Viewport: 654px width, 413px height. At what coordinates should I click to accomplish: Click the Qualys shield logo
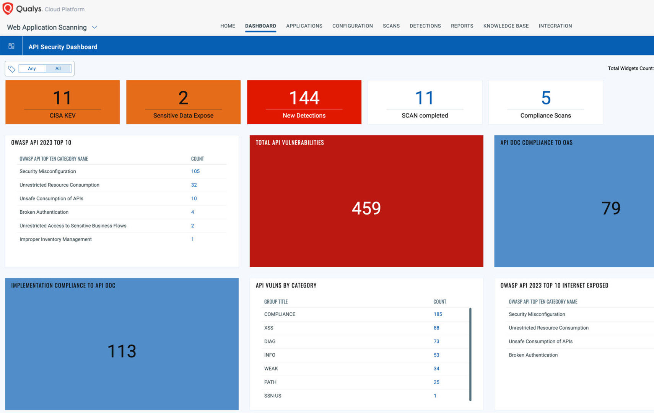[x=8, y=8]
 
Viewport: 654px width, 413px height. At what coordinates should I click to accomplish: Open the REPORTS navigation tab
[x=462, y=26]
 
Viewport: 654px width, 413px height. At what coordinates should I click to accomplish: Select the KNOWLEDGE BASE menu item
[x=506, y=26]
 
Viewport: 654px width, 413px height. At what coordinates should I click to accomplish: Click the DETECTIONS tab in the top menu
[x=425, y=26]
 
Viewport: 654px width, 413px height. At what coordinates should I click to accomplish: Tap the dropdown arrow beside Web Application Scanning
[x=94, y=28]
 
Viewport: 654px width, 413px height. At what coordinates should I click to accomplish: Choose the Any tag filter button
[x=32, y=69]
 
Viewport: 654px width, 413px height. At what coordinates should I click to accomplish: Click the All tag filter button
[x=58, y=69]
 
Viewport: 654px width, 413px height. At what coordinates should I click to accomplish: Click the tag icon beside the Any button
[x=12, y=69]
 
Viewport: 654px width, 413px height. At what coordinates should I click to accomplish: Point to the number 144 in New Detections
[x=304, y=98]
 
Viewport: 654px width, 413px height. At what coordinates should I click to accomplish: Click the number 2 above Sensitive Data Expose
[x=183, y=98]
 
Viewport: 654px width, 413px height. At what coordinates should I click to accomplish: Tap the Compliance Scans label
[x=545, y=115]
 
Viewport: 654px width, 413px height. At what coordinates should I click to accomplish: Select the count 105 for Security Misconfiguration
[x=195, y=171]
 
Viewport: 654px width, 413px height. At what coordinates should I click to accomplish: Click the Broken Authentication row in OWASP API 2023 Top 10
[x=44, y=212]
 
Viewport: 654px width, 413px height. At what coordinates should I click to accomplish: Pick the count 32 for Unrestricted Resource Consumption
[x=194, y=185]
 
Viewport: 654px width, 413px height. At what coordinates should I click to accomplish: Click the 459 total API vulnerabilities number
[x=366, y=208]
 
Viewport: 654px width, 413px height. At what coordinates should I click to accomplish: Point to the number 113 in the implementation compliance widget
[x=122, y=351]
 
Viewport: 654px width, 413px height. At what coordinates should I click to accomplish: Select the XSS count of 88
[x=436, y=328]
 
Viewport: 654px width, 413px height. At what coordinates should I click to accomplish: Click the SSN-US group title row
[x=273, y=396]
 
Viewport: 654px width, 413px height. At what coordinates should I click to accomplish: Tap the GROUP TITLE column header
[x=276, y=302]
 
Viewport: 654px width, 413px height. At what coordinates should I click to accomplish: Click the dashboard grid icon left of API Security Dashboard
[x=11, y=46]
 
